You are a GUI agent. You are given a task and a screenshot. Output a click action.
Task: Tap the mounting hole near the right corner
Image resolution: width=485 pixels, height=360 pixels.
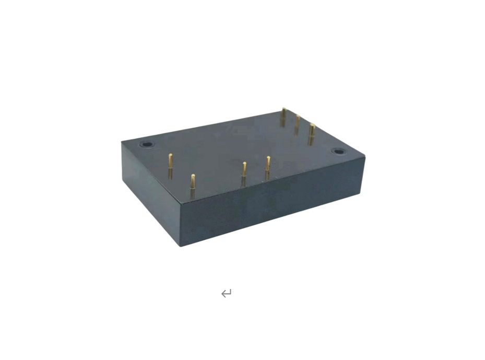pyautogui.click(x=339, y=152)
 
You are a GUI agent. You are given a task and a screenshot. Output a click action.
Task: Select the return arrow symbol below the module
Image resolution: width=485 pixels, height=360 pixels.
pyautogui.click(x=226, y=293)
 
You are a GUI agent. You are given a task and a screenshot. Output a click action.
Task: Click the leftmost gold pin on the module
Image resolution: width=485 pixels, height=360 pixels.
pyautogui.click(x=170, y=166)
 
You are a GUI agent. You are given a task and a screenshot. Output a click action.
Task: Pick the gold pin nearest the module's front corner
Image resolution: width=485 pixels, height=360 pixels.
pyautogui.click(x=193, y=185)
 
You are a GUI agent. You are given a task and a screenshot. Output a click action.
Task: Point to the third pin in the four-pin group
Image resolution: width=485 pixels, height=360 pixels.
pyautogui.click(x=244, y=173)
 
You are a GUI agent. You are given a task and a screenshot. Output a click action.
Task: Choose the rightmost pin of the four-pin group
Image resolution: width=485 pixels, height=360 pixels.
pyautogui.click(x=268, y=167)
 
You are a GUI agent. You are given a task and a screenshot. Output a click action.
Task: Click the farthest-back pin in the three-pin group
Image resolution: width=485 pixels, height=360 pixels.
pyautogui.click(x=283, y=117)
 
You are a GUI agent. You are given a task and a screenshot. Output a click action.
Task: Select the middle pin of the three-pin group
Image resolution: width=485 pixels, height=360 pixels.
pyautogui.click(x=297, y=124)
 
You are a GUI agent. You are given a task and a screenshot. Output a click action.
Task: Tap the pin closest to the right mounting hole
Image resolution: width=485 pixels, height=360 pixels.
pyautogui.click(x=312, y=133)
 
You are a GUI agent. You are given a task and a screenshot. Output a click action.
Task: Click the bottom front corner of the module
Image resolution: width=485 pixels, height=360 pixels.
pyautogui.click(x=181, y=246)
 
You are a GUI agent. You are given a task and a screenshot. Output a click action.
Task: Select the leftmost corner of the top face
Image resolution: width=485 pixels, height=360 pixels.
pyautogui.click(x=122, y=141)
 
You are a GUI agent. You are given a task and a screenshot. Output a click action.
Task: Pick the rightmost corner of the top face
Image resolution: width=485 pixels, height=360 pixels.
pyautogui.click(x=364, y=156)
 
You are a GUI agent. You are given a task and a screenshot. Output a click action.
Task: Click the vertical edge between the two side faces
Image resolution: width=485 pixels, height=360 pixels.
pyautogui.click(x=181, y=225)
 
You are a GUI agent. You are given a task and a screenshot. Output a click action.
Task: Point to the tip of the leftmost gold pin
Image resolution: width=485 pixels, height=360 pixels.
pyautogui.click(x=170, y=155)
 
